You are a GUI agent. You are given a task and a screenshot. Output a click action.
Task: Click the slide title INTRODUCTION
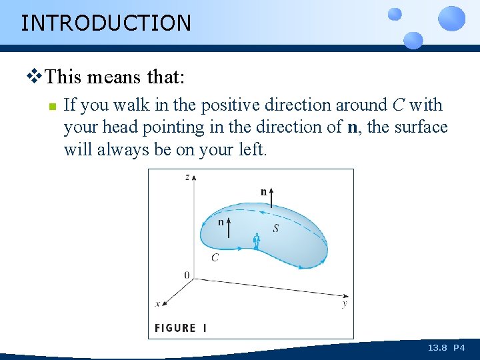tap(106, 23)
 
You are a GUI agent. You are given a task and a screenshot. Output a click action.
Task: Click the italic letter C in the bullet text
tap(397, 105)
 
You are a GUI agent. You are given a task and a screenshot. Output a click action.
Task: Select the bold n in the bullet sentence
tap(353, 127)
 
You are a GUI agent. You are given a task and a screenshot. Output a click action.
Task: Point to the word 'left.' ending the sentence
tap(253, 149)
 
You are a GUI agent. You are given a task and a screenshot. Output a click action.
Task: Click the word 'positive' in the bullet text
tap(231, 105)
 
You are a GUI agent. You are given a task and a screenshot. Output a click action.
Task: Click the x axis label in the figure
tap(158, 303)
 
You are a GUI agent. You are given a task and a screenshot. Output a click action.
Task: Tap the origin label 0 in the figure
tap(186, 275)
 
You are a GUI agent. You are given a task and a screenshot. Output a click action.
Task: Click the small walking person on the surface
tap(256, 241)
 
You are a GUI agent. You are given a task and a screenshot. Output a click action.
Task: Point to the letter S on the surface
tap(275, 228)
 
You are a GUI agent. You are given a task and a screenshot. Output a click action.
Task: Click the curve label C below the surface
tap(215, 257)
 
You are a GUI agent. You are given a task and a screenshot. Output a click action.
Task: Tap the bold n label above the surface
tap(264, 192)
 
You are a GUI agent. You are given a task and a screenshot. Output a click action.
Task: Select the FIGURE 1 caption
tap(181, 328)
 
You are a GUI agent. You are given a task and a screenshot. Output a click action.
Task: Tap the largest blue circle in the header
tap(451, 18)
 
